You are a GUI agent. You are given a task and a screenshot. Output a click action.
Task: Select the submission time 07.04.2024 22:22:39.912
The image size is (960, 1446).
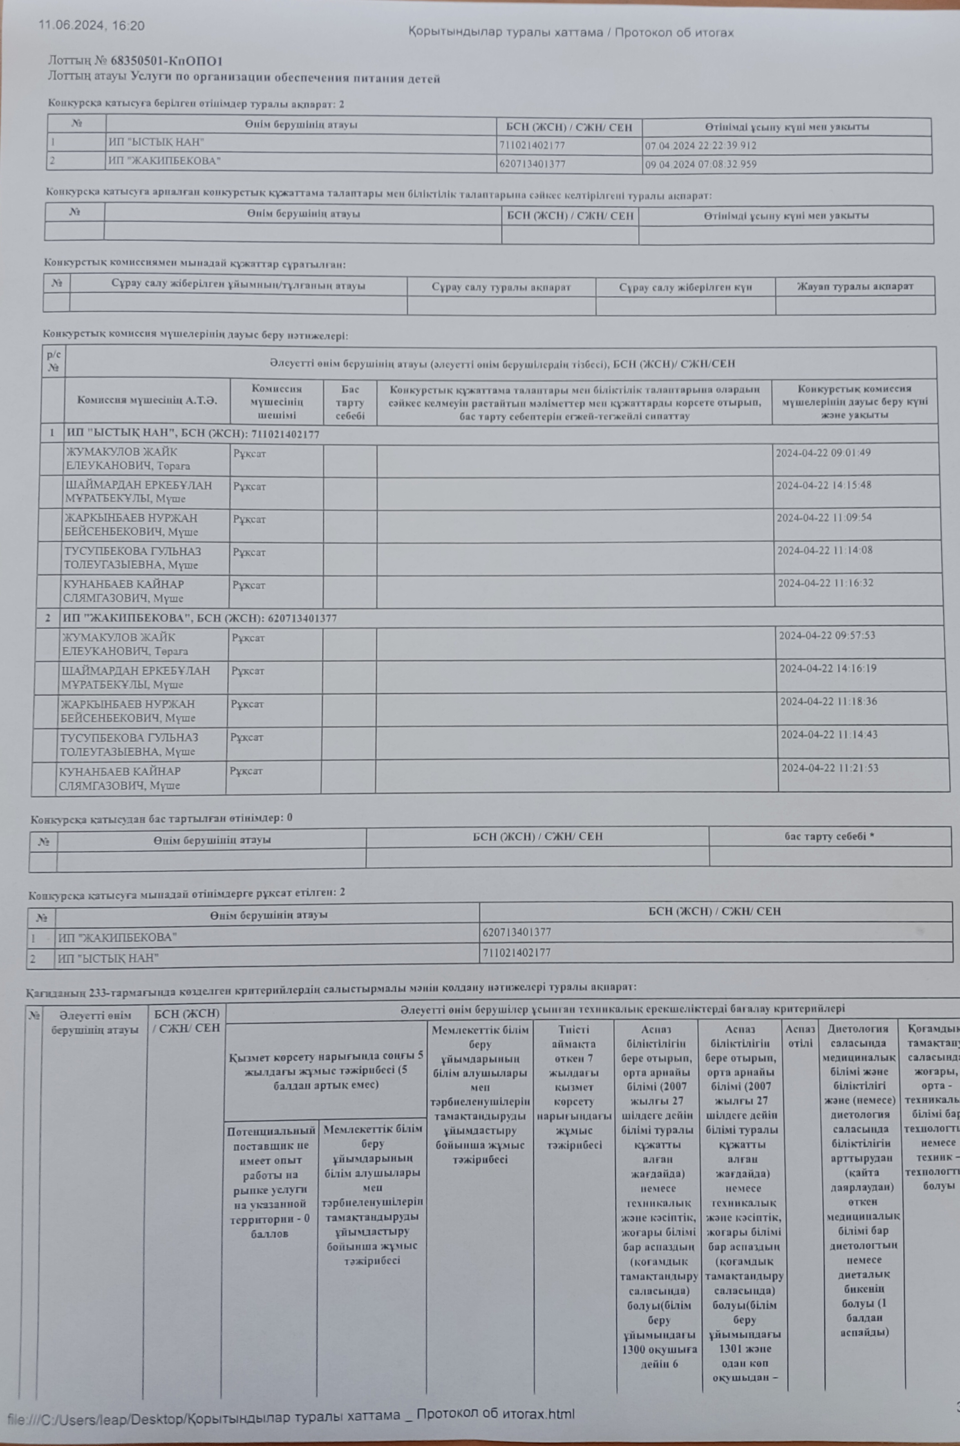click(x=700, y=146)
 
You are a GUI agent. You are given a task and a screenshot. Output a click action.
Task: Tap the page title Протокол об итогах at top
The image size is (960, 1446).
click(x=674, y=32)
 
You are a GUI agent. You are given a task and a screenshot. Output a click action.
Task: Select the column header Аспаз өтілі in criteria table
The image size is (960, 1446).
click(x=800, y=1036)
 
